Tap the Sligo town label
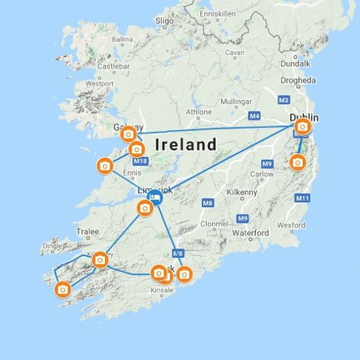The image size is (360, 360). tap(165, 22)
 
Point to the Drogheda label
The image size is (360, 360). tap(298, 80)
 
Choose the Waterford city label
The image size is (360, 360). tap(251, 233)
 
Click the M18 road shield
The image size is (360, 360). tap(140, 162)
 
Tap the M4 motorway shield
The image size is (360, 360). tap(254, 116)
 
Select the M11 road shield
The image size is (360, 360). tap(303, 198)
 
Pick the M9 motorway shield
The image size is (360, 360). tap(242, 218)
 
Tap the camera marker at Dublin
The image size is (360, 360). tap(302, 127)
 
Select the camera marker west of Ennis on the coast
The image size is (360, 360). tap(104, 165)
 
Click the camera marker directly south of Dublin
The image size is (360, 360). tap(298, 162)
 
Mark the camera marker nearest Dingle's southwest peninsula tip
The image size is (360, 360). tap(63, 289)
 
